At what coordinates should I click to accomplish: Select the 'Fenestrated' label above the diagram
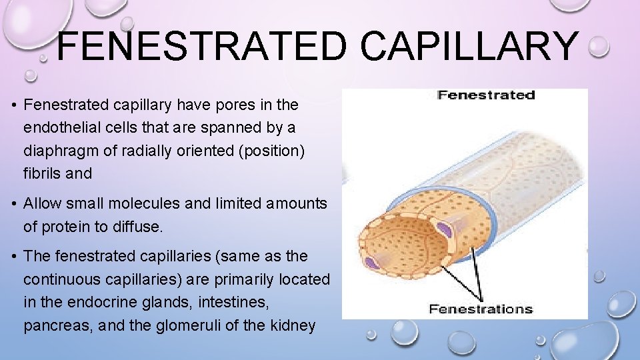pyautogui.click(x=486, y=95)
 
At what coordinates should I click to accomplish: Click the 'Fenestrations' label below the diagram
pyautogui.click(x=481, y=309)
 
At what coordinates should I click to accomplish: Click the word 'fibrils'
pyautogui.click(x=43, y=173)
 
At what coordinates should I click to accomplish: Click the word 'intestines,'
pyautogui.click(x=234, y=303)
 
